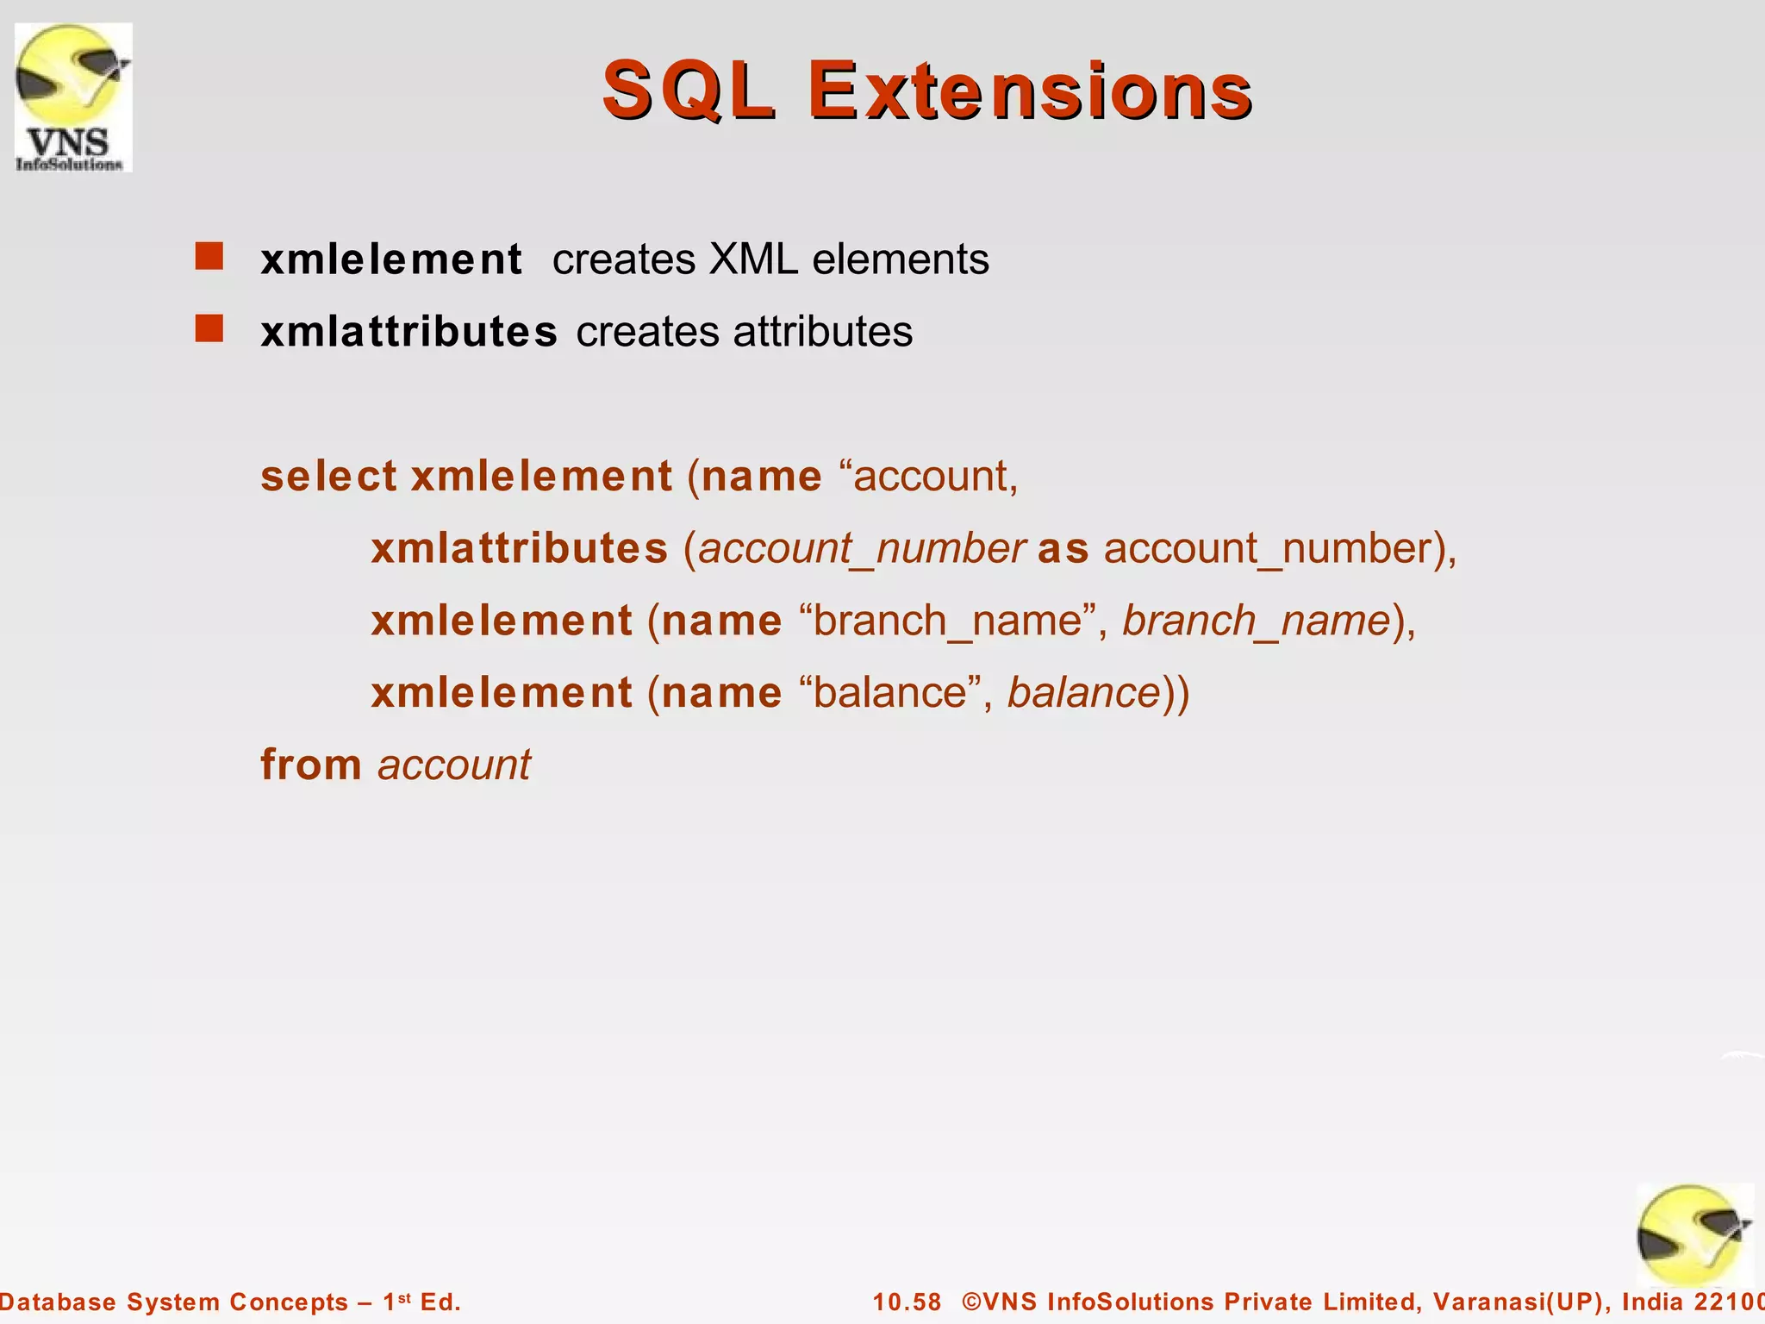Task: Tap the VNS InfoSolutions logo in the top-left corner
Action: coord(73,97)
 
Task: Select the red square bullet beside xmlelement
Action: coord(209,257)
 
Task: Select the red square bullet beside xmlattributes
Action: coord(209,329)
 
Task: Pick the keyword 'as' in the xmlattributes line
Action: coord(1063,548)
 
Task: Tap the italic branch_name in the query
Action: coord(1257,621)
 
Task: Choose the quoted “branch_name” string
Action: coord(947,621)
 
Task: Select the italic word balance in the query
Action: coord(1084,693)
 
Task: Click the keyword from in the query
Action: coord(311,765)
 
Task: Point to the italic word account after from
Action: coord(454,765)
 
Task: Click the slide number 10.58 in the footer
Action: coord(907,1302)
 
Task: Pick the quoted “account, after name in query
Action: coord(927,476)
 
